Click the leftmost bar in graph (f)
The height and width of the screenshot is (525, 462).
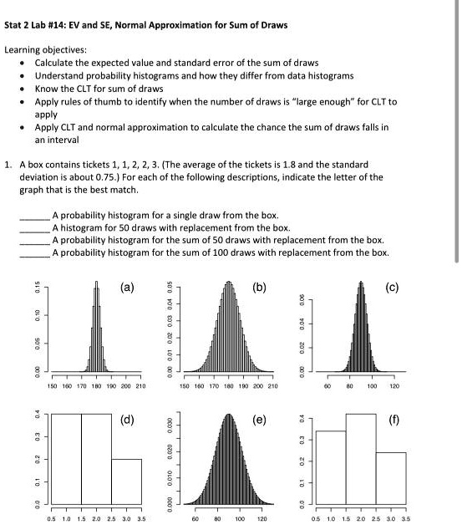coord(331,466)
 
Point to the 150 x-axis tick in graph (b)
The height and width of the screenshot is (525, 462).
coord(182,387)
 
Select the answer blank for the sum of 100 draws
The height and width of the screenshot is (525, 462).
coord(35,252)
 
